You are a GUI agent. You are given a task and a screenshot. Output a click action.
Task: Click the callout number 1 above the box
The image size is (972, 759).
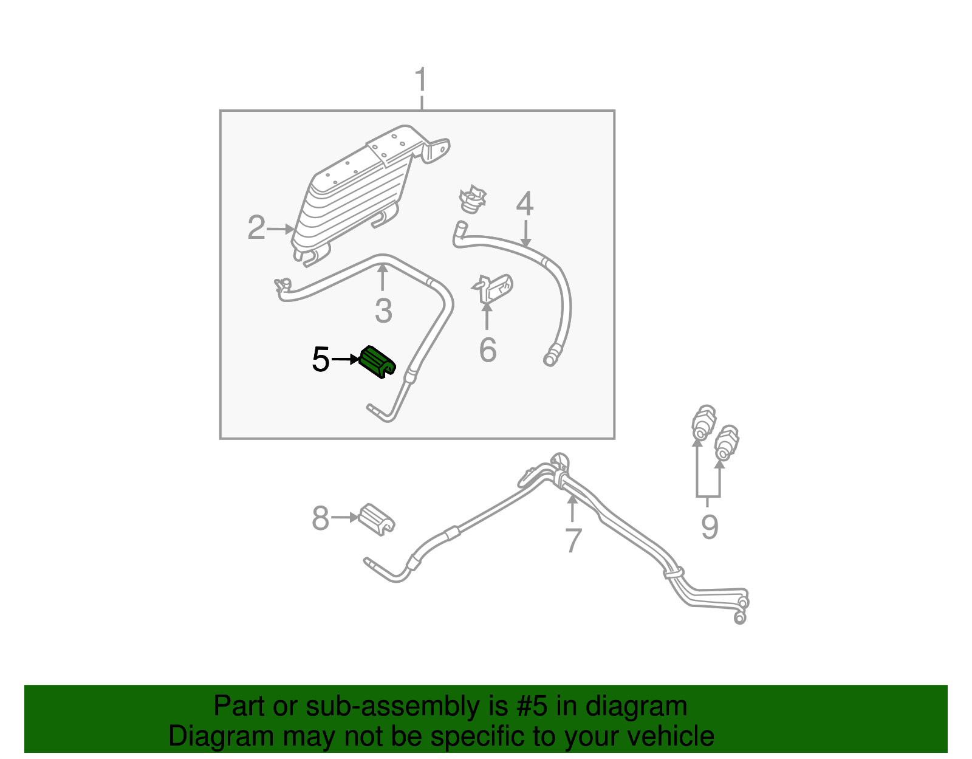click(x=420, y=81)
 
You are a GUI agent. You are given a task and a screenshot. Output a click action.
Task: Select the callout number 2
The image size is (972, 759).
click(x=256, y=228)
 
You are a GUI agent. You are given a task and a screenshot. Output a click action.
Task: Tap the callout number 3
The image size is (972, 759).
click(x=383, y=311)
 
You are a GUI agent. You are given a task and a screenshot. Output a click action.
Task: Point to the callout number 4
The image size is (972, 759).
click(x=525, y=204)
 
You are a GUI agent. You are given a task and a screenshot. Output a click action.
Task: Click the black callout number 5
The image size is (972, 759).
click(x=320, y=360)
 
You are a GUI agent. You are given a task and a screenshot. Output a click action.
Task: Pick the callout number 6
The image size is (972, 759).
click(x=487, y=350)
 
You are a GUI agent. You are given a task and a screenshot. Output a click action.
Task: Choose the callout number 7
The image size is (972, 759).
click(x=573, y=540)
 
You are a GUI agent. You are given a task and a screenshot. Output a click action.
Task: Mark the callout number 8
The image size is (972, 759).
click(x=320, y=518)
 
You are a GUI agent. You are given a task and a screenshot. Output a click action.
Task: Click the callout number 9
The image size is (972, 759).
click(x=709, y=526)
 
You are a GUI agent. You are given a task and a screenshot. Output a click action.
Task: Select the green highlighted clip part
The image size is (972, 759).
click(x=377, y=362)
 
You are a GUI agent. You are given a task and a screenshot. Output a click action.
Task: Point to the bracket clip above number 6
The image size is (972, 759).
click(x=493, y=289)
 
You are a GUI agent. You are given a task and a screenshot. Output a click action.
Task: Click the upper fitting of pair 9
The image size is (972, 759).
click(x=703, y=422)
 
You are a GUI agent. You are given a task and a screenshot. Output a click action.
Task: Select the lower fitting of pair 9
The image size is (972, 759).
click(x=726, y=443)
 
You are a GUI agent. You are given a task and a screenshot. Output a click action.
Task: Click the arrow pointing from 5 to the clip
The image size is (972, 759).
click(x=346, y=360)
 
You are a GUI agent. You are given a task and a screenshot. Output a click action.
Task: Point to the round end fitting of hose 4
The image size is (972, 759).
click(x=550, y=358)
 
